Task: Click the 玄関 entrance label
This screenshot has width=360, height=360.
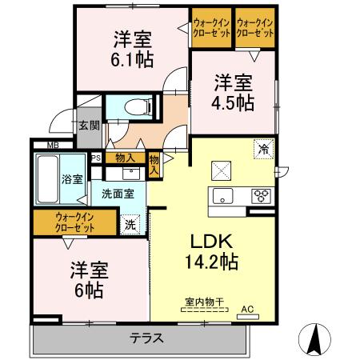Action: (x=89, y=125)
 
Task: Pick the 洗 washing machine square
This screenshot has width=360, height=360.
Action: (x=130, y=225)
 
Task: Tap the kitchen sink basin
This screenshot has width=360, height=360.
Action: (x=220, y=196)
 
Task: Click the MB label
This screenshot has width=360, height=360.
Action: (x=52, y=145)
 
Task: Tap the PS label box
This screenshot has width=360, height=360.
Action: (x=97, y=158)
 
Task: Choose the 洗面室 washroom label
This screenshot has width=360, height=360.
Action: (x=117, y=193)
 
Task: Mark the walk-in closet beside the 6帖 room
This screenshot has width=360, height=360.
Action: (x=75, y=222)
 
